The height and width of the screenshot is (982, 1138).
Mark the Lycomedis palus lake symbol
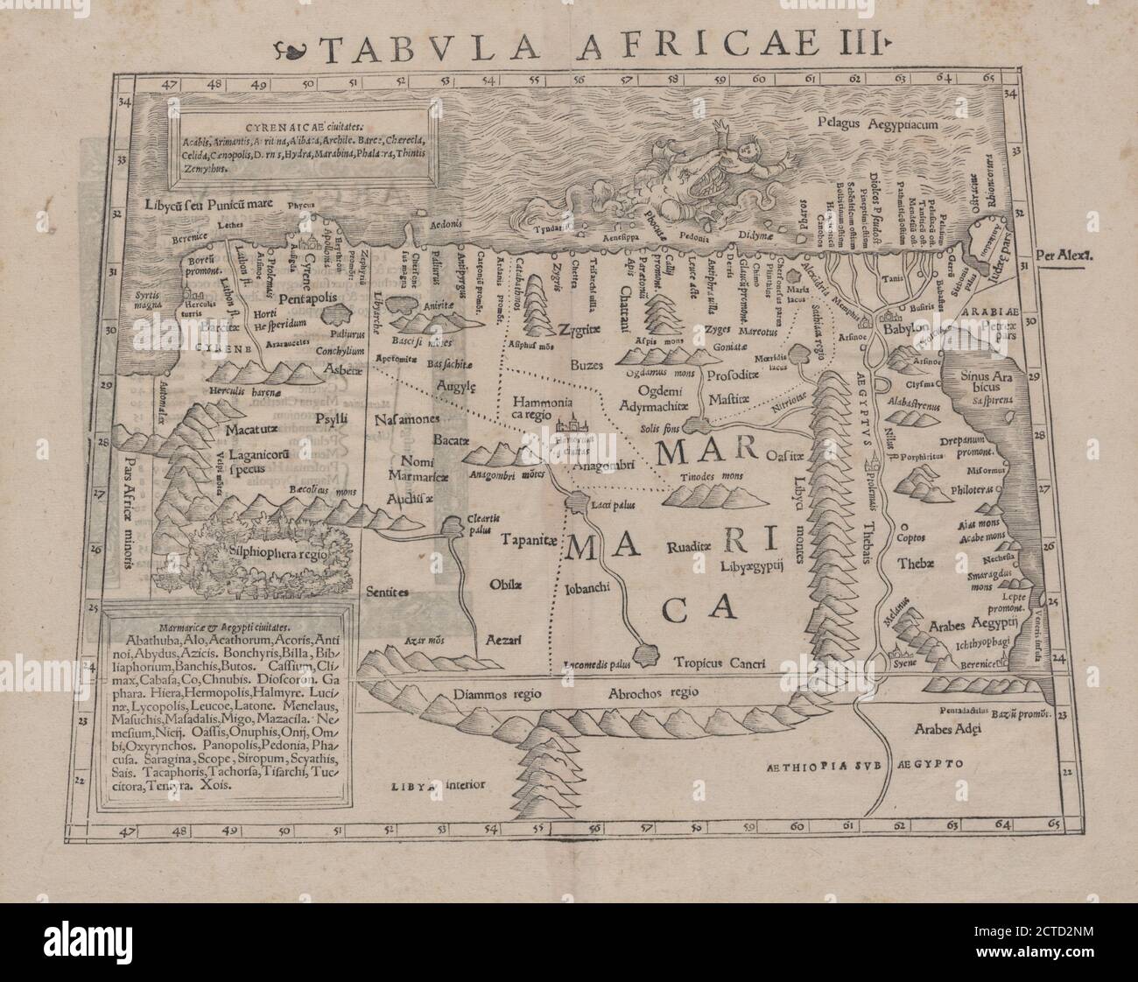pyautogui.click(x=647, y=654)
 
